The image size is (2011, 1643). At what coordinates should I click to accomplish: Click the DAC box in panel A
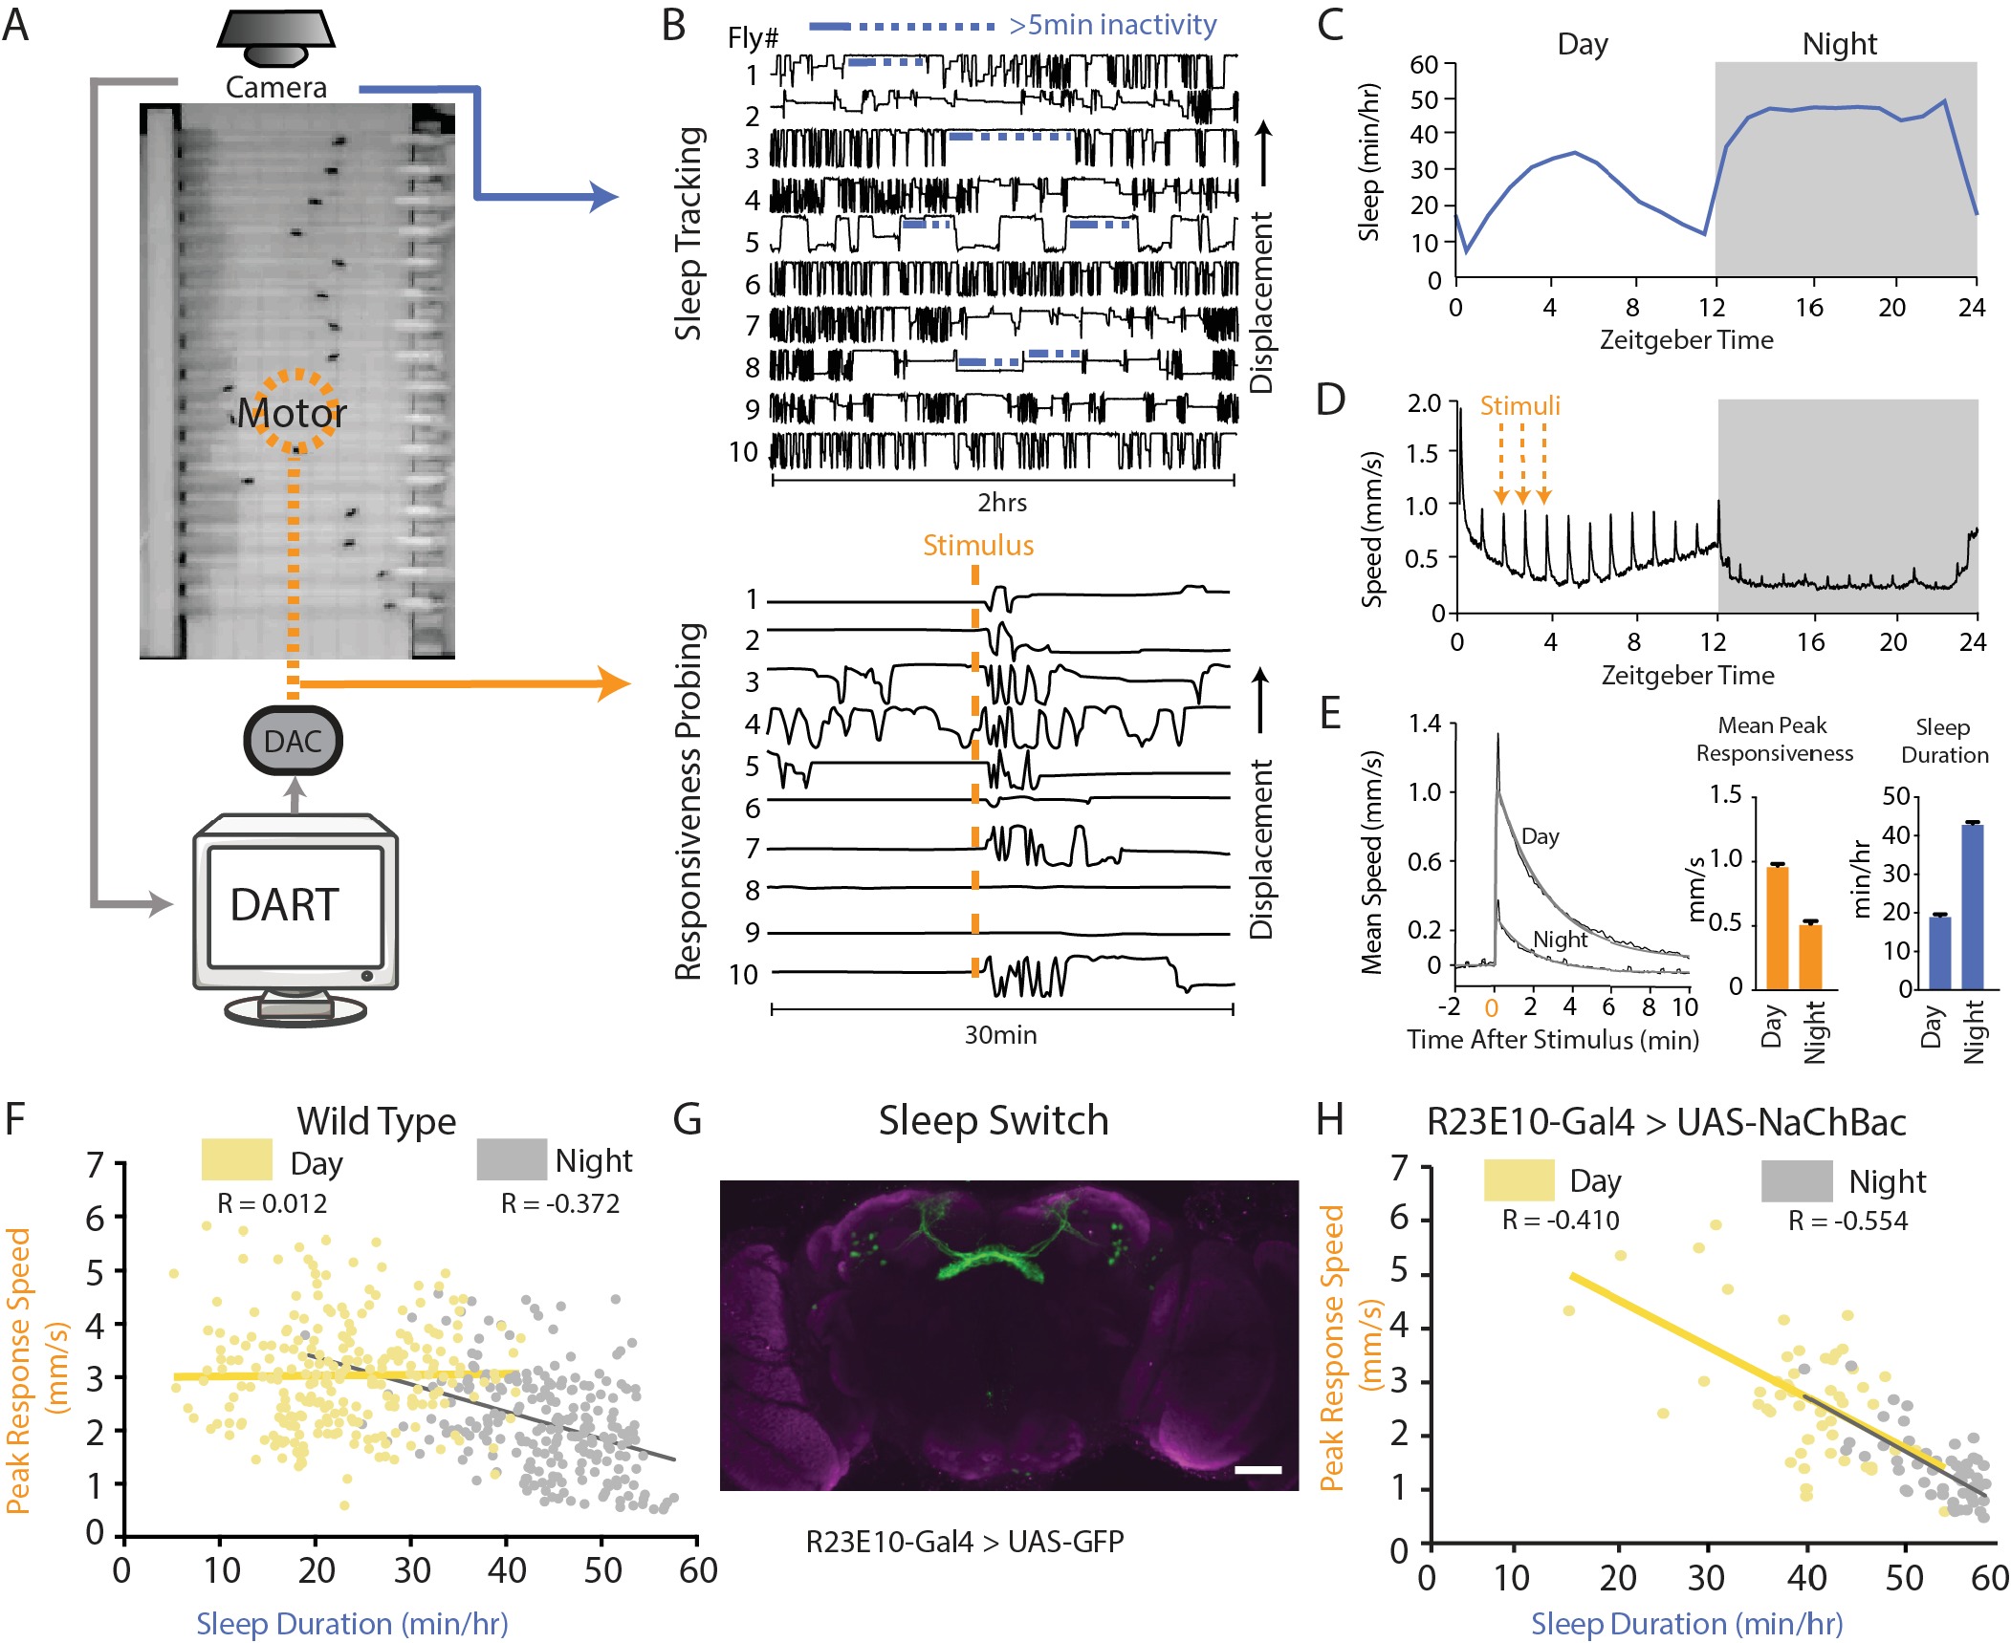pyautogui.click(x=293, y=741)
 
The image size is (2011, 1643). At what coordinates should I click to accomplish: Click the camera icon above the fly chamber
pyautogui.click(x=276, y=38)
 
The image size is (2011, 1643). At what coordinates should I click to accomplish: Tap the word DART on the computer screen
pyautogui.click(x=285, y=904)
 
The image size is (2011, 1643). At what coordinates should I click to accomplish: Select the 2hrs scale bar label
pyautogui.click(x=1002, y=503)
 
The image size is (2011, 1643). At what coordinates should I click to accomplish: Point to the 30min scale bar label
pyautogui.click(x=1000, y=1035)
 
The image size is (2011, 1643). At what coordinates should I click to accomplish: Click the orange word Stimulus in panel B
pyautogui.click(x=978, y=546)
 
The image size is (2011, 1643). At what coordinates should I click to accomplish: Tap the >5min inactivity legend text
pyautogui.click(x=1113, y=25)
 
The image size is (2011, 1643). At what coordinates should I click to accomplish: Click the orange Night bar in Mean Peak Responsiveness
pyautogui.click(x=1810, y=956)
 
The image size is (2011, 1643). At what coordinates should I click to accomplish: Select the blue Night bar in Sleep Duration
pyautogui.click(x=1972, y=906)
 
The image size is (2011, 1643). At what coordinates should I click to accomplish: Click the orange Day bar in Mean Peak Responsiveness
pyautogui.click(x=1777, y=926)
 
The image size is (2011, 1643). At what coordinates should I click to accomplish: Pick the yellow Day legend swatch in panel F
pyautogui.click(x=236, y=1159)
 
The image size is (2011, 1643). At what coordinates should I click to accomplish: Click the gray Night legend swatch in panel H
pyautogui.click(x=1796, y=1181)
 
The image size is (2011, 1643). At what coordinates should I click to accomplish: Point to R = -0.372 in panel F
pyautogui.click(x=560, y=1204)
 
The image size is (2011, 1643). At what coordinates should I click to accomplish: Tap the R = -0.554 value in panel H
pyautogui.click(x=1847, y=1221)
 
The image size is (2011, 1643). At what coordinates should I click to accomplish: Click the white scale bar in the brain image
pyautogui.click(x=1257, y=1470)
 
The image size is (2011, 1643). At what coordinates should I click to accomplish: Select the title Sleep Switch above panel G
pyautogui.click(x=994, y=1120)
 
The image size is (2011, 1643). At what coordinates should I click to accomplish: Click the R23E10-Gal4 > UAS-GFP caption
pyautogui.click(x=965, y=1542)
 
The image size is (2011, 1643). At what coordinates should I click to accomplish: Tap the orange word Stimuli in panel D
pyautogui.click(x=1519, y=406)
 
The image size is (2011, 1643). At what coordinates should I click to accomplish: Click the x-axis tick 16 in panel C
pyautogui.click(x=1808, y=308)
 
